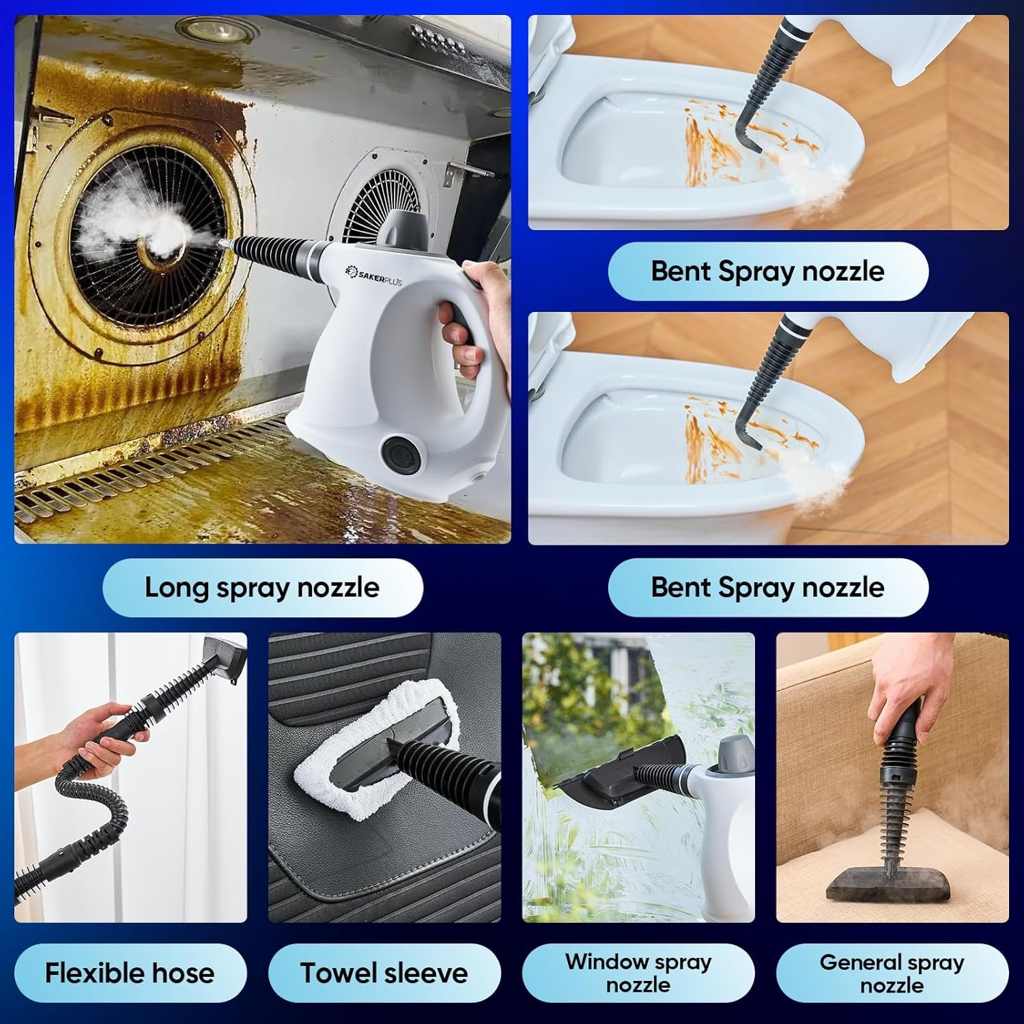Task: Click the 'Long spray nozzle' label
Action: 262,588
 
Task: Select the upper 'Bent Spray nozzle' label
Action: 767,271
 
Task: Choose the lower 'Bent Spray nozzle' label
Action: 767,587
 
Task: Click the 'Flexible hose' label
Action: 130,973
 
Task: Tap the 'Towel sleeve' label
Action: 384,973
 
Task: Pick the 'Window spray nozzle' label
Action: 638,973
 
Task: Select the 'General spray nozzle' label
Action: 892,973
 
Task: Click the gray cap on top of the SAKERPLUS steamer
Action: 407,229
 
